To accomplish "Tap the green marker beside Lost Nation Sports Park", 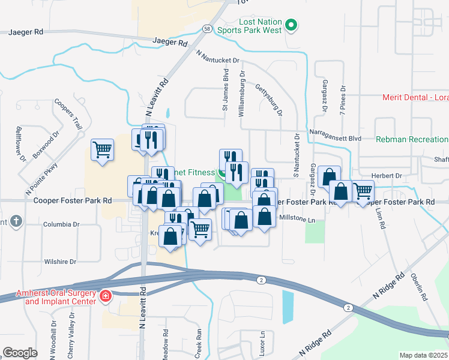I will [291, 25].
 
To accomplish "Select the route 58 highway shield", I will [206, 29].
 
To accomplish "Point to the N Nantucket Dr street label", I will [218, 56].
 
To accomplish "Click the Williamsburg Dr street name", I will [243, 91].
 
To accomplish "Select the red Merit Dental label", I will [415, 98].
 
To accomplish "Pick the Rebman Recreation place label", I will [412, 139].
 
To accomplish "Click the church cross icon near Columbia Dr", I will [16, 222].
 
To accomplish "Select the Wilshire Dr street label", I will [60, 262].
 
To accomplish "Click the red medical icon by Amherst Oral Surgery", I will [105, 296].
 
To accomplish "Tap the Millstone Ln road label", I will [298, 220].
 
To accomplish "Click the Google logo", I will [20, 353].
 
